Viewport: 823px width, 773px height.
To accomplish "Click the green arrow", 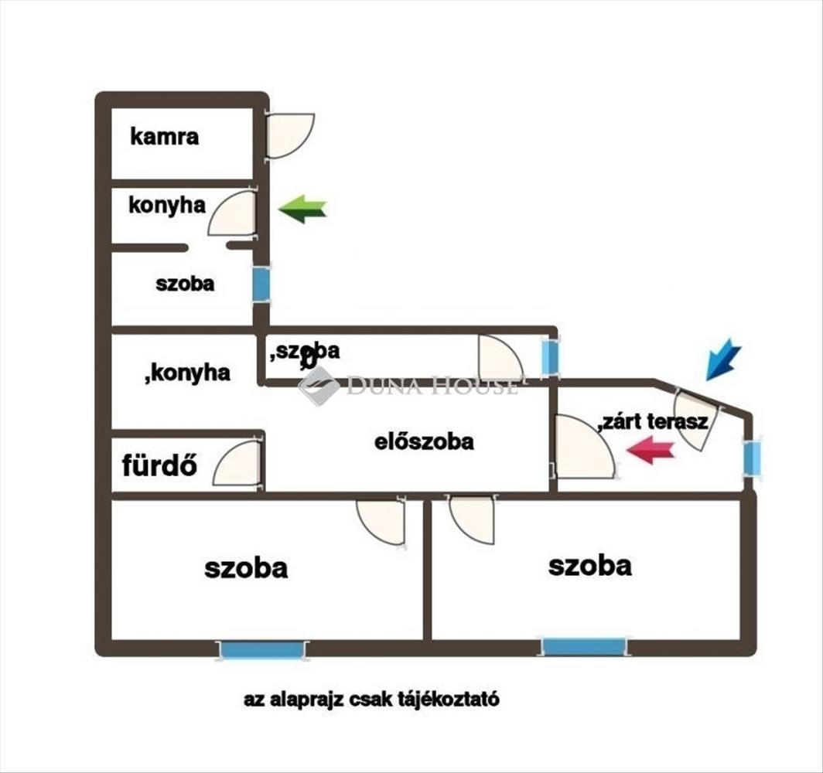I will pyautogui.click(x=302, y=209).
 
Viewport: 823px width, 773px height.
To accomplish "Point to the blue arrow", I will pyautogui.click(x=723, y=360).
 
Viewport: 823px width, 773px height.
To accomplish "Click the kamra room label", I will pyautogui.click(x=164, y=138).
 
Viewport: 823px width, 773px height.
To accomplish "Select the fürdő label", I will pyautogui.click(x=159, y=466).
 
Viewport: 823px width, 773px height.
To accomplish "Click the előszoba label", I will pyautogui.click(x=424, y=442).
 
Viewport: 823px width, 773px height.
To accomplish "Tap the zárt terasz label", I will pyautogui.click(x=653, y=422).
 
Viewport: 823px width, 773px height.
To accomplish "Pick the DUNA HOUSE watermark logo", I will pyautogui.click(x=319, y=386).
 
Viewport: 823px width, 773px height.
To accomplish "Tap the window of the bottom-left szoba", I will pyautogui.click(x=262, y=650).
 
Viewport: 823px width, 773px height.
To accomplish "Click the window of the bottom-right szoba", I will pyautogui.click(x=583, y=646).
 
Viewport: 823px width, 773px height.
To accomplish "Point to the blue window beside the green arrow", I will pyautogui.click(x=261, y=284).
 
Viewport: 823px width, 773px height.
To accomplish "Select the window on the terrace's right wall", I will pyautogui.click(x=751, y=456).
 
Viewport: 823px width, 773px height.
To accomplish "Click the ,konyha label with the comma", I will pyautogui.click(x=187, y=373).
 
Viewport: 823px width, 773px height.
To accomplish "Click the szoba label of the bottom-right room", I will pyautogui.click(x=589, y=566).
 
